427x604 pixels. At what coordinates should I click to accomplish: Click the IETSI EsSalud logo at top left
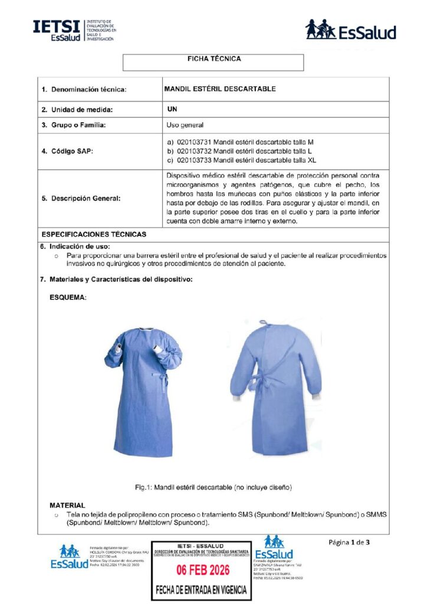click(74, 29)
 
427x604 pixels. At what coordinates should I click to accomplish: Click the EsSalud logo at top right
click(350, 29)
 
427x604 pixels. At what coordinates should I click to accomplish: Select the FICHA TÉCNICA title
click(213, 59)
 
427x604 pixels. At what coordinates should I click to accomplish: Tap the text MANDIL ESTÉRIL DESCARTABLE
click(220, 89)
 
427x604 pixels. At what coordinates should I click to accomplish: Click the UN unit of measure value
click(172, 109)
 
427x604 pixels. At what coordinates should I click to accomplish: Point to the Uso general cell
click(185, 125)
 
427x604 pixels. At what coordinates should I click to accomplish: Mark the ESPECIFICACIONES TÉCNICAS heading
click(93, 234)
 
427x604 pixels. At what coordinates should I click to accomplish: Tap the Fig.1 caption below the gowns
click(213, 487)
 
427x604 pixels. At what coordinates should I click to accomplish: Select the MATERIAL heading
click(67, 505)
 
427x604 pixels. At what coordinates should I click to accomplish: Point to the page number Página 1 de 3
click(350, 542)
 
